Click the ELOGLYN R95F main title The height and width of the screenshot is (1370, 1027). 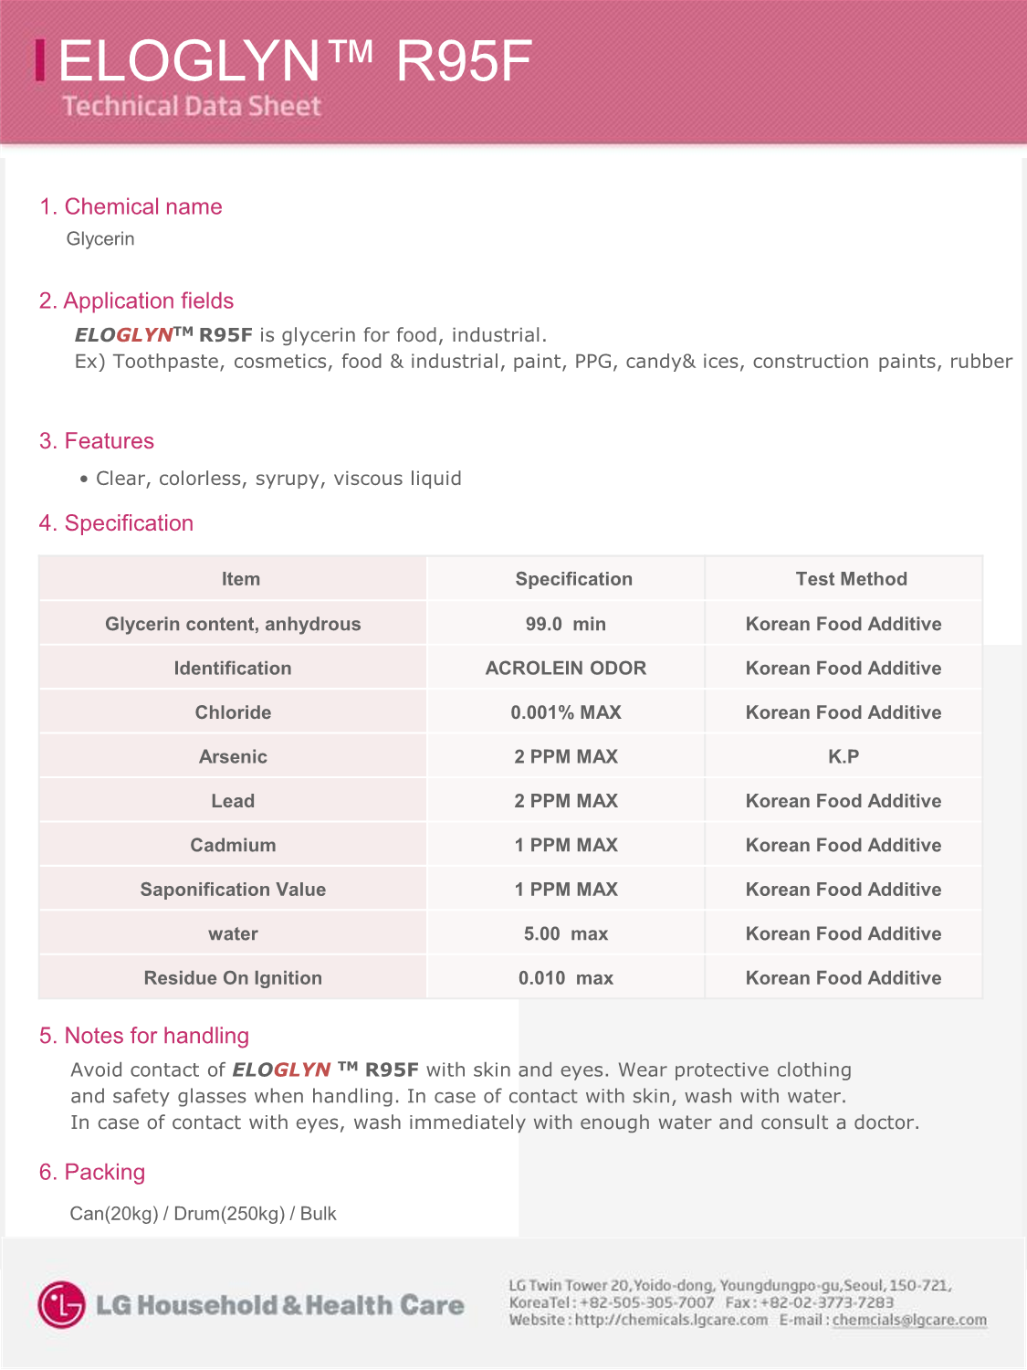pos(294,62)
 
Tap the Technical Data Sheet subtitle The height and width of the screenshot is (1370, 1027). pos(192,107)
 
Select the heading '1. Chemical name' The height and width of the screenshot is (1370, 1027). pos(131,206)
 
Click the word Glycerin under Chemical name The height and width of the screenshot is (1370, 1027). pos(100,239)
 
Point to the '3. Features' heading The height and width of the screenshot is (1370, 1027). pos(97,441)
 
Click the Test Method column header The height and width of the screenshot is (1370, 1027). pos(851,579)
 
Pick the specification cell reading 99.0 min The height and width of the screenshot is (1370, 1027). pos(565,624)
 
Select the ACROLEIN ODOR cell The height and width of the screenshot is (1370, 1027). pos(565,669)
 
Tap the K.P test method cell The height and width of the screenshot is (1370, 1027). pos(843,757)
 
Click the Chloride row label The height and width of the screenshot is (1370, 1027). pos(233,712)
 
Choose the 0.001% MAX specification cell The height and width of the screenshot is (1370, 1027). pos(565,712)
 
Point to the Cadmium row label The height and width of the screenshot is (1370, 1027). pos(233,846)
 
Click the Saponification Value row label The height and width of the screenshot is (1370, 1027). pos(233,890)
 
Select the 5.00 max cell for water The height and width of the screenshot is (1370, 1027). pos(565,934)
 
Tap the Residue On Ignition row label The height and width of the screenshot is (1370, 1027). pos(233,978)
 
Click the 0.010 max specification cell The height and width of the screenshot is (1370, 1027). pos(565,978)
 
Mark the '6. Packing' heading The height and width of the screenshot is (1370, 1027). pos(92,1173)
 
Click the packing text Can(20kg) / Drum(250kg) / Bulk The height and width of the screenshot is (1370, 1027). pos(203,1214)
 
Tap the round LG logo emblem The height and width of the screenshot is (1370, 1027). pos(62,1304)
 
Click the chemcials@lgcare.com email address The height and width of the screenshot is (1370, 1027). pos(909,1321)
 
